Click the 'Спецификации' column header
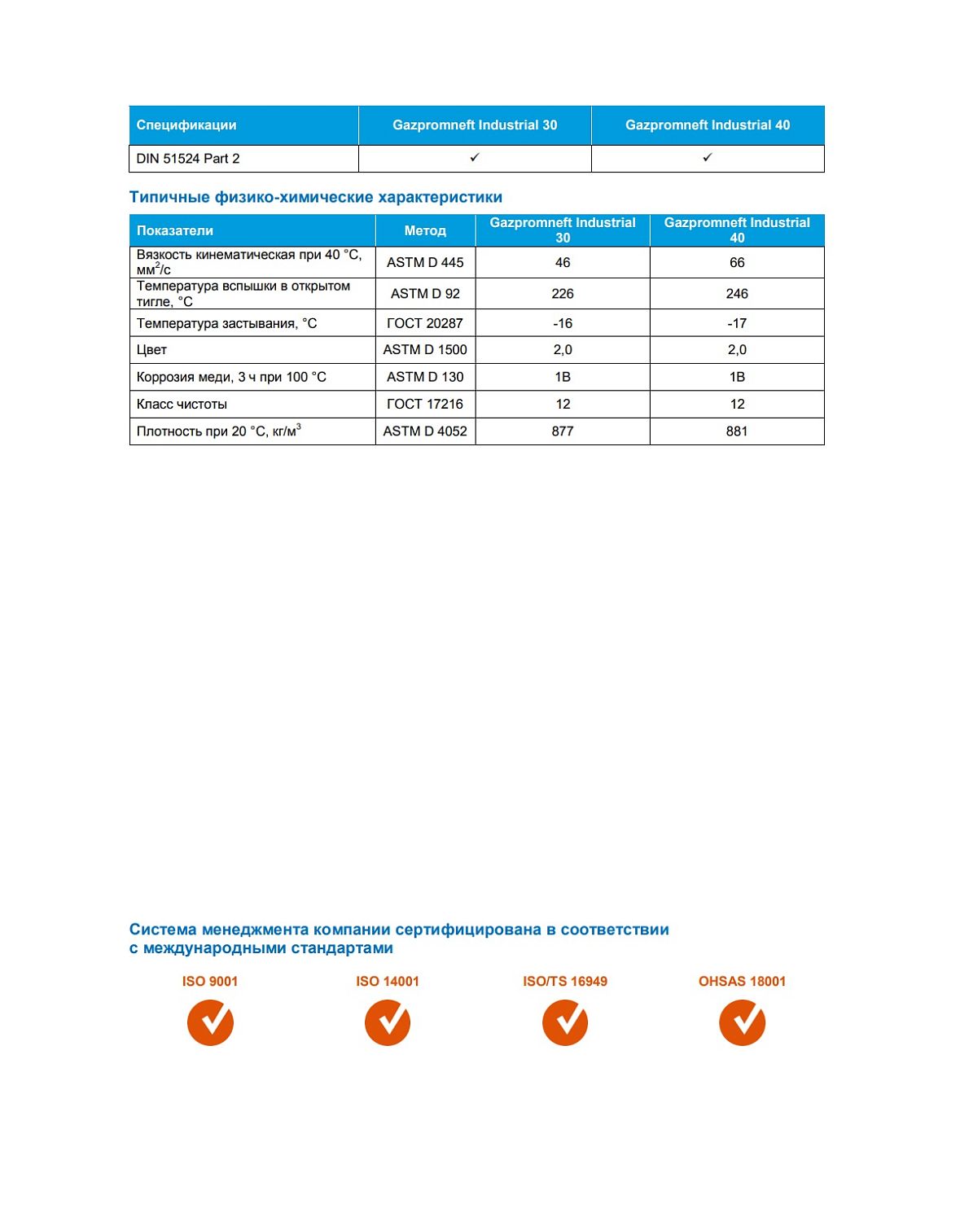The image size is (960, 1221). point(186,125)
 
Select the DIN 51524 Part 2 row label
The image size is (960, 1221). point(188,159)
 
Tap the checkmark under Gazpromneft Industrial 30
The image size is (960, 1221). point(475,158)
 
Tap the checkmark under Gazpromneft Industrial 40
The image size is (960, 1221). point(707,158)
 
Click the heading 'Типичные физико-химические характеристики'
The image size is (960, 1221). point(316,197)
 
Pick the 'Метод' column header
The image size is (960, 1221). point(425,230)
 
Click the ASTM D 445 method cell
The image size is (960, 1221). point(425,262)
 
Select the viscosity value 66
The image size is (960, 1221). point(737,262)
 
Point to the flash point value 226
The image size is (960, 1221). point(563,294)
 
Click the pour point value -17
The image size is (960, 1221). point(737,323)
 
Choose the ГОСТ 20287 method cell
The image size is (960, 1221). point(425,323)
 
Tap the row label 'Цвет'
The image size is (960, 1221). point(152,350)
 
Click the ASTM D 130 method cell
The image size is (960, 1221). point(425,377)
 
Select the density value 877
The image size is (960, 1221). point(563,431)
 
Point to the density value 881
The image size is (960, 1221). point(737,431)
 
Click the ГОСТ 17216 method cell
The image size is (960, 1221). point(425,404)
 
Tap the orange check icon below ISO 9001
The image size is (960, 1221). point(210,1022)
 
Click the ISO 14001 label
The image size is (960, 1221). point(388,981)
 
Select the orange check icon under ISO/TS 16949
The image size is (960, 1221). point(565,1022)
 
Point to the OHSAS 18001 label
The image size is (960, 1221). point(742,981)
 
